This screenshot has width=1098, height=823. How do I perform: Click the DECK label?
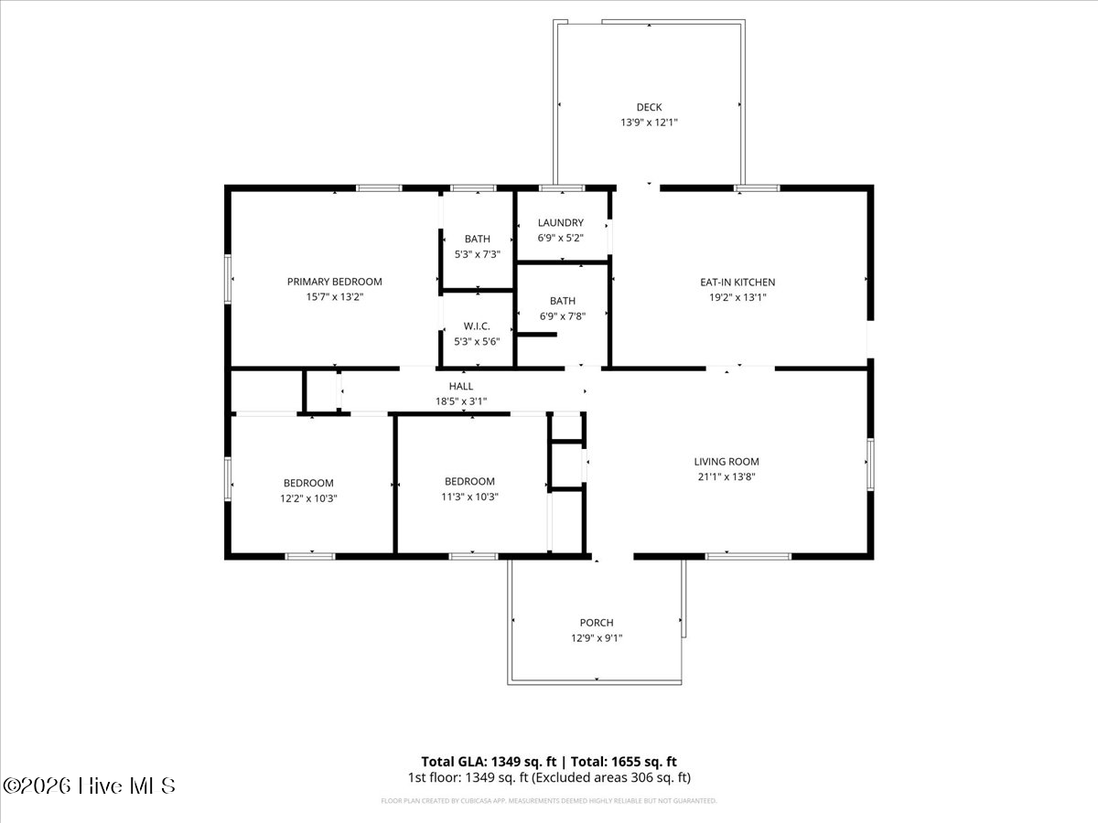click(649, 107)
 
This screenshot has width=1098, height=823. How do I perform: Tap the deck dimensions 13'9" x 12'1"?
click(649, 122)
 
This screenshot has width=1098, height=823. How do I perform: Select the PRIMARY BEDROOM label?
click(334, 282)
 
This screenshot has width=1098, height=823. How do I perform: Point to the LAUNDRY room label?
click(560, 222)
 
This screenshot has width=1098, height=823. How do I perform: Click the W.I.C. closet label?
click(477, 326)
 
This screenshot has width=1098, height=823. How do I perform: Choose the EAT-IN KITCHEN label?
click(737, 282)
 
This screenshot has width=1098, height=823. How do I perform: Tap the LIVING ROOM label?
click(726, 462)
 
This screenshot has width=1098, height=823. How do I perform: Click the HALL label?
click(460, 386)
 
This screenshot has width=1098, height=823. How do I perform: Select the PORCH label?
click(597, 623)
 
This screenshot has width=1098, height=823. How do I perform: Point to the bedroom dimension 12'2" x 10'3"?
click(307, 497)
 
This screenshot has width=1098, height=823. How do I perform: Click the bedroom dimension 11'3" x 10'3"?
click(469, 497)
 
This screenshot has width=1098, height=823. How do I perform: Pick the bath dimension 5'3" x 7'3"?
click(477, 254)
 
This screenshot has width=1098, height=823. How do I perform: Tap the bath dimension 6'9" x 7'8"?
click(562, 316)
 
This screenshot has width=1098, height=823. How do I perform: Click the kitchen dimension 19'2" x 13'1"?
click(737, 296)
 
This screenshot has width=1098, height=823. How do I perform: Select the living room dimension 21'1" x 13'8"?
click(726, 476)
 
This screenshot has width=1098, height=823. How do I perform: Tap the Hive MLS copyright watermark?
click(89, 786)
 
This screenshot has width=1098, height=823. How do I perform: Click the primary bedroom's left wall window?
click(228, 277)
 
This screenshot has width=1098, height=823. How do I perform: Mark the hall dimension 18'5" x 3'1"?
click(460, 401)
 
